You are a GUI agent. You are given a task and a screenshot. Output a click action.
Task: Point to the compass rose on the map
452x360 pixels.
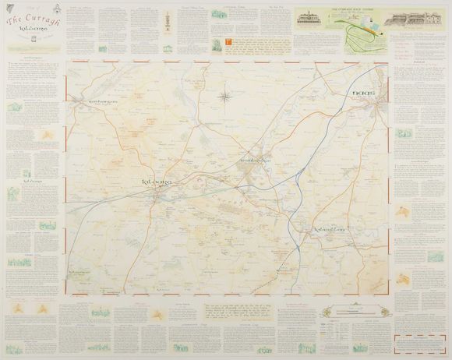[224, 97]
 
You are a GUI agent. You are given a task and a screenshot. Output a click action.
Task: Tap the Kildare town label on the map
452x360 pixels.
[157, 182]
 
